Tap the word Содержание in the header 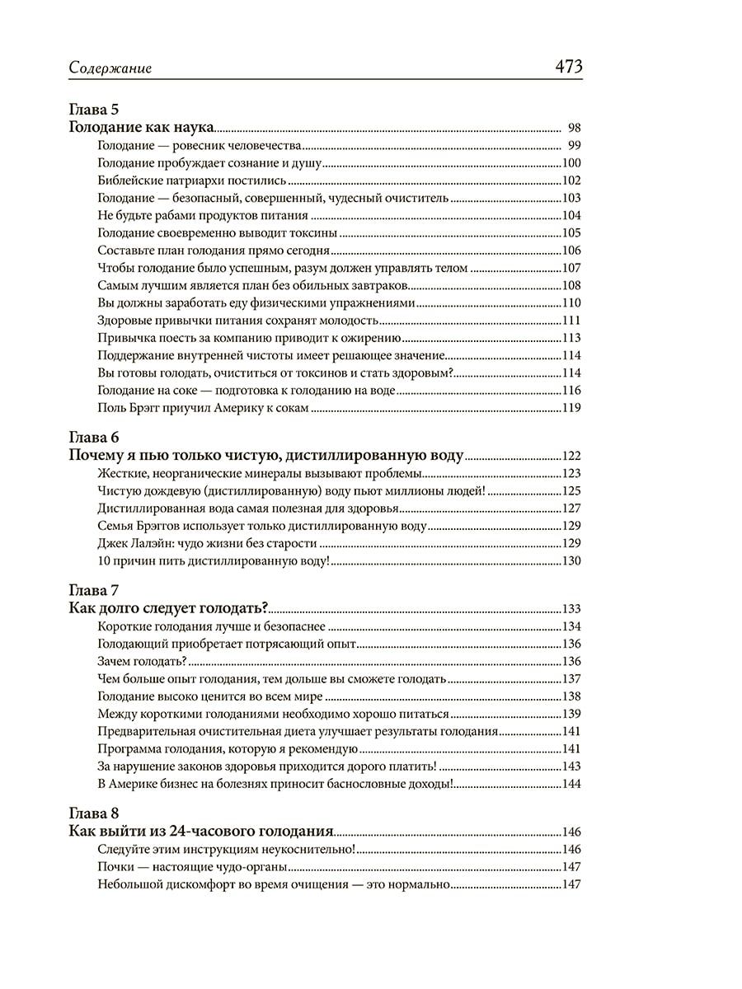(110, 69)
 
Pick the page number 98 (575, 128)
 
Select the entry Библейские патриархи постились (191, 180)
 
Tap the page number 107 (571, 268)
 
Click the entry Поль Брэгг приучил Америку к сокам (203, 407)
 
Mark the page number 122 (571, 455)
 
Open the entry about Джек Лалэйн (207, 543)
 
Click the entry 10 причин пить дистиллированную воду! (214, 561)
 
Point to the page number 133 (571, 609)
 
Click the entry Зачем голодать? (142, 661)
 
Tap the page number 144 (571, 783)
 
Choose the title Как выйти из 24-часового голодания (200, 831)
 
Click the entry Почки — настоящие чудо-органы (192, 867)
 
